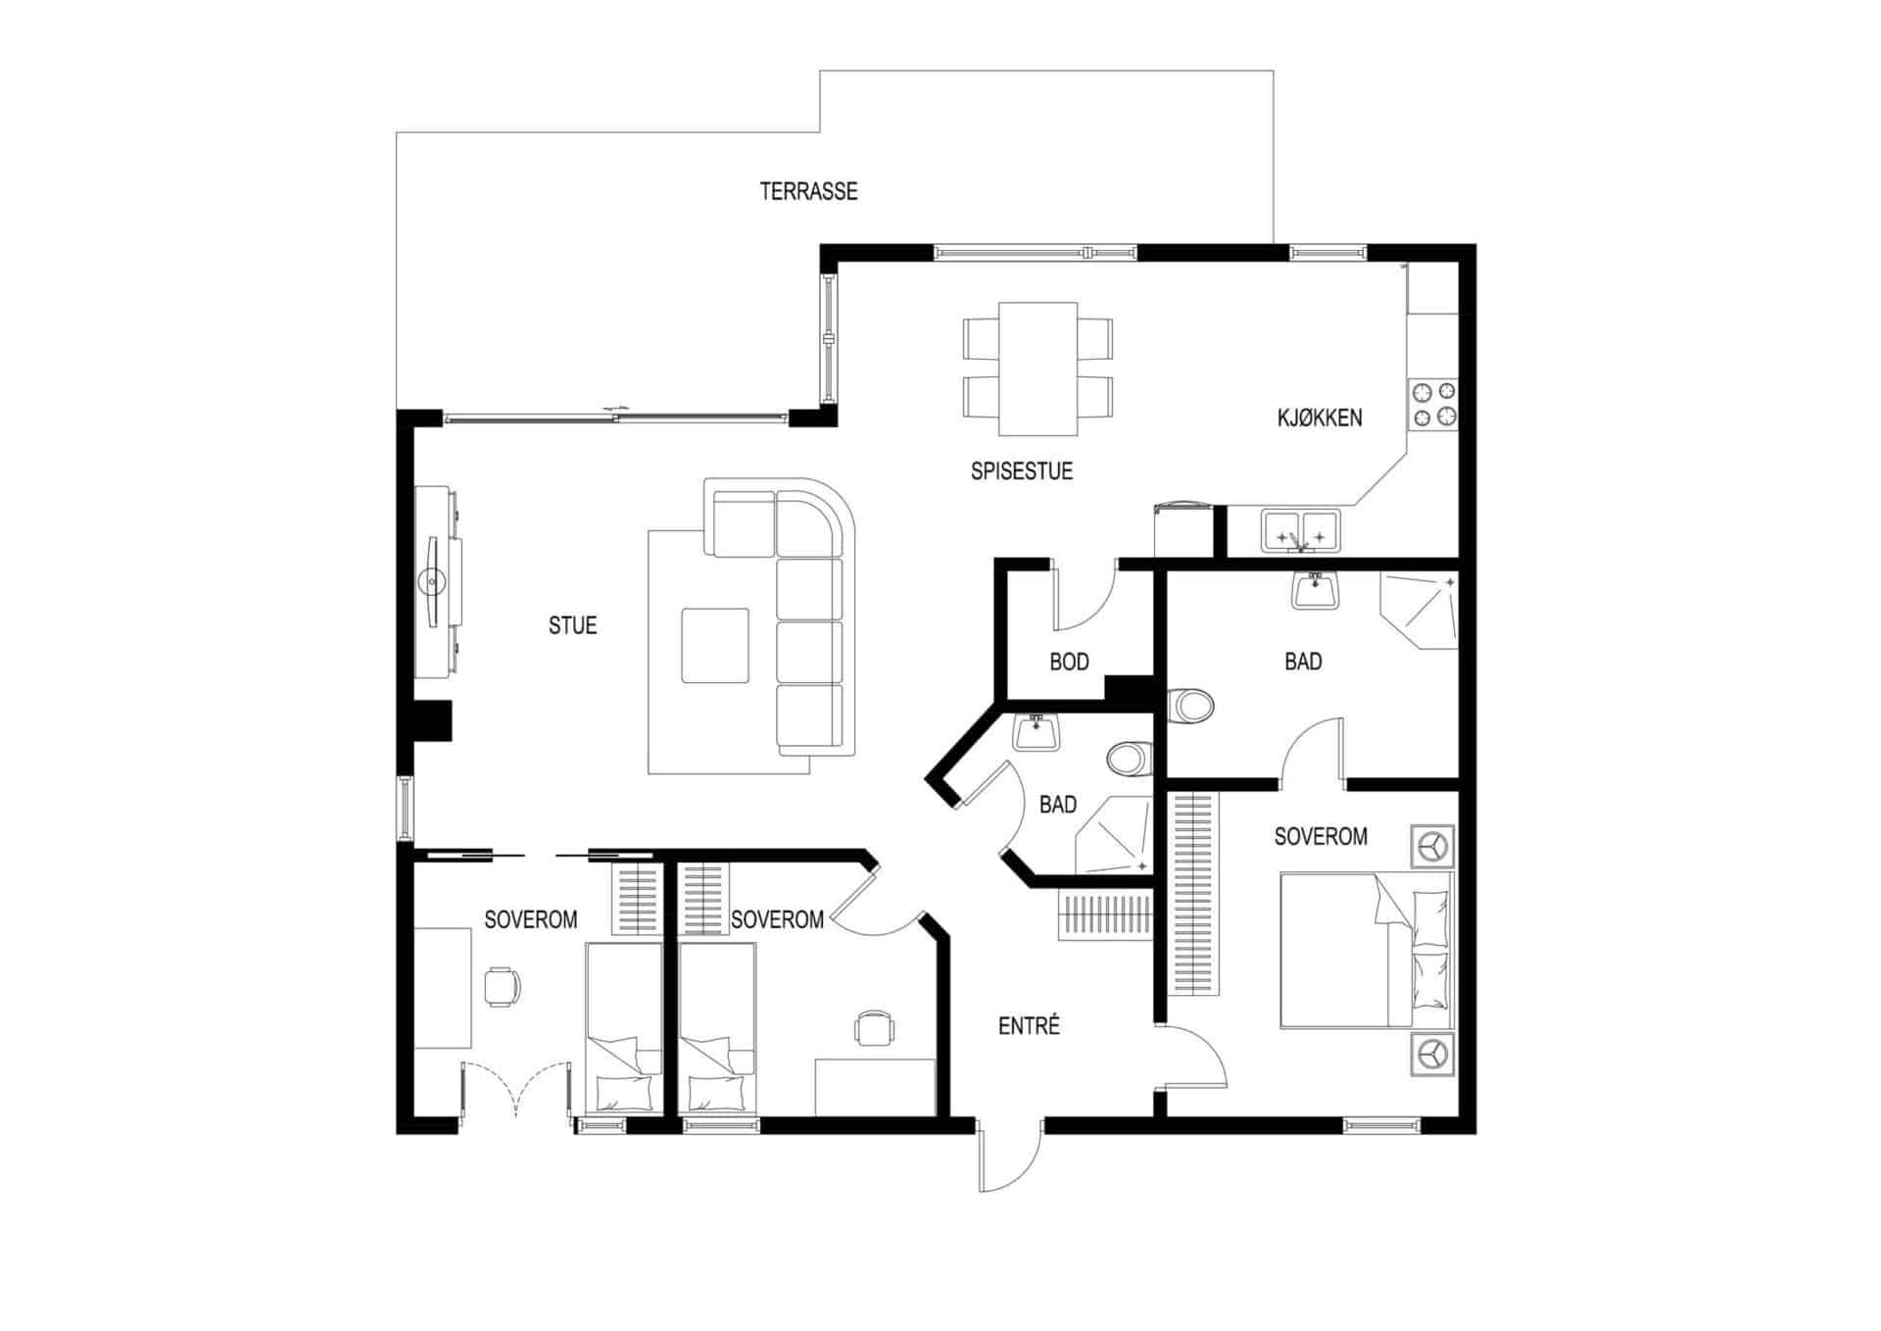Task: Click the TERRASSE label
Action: pyautogui.click(x=808, y=191)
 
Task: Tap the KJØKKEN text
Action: pyautogui.click(x=1319, y=418)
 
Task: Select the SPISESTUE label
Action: pyautogui.click(x=1021, y=471)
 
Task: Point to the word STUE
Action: pyautogui.click(x=572, y=625)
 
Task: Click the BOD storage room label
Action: pyautogui.click(x=1069, y=662)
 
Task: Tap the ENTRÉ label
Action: pyautogui.click(x=1029, y=1026)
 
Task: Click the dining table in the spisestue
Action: pyautogui.click(x=1037, y=369)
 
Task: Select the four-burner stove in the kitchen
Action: pyautogui.click(x=1432, y=405)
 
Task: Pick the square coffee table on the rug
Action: pyautogui.click(x=715, y=645)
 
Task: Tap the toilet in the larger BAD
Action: pyautogui.click(x=1191, y=705)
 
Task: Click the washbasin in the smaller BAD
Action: pyautogui.click(x=1036, y=731)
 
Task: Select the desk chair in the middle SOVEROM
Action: pyautogui.click(x=874, y=1028)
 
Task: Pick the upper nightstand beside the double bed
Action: pyautogui.click(x=1431, y=846)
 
